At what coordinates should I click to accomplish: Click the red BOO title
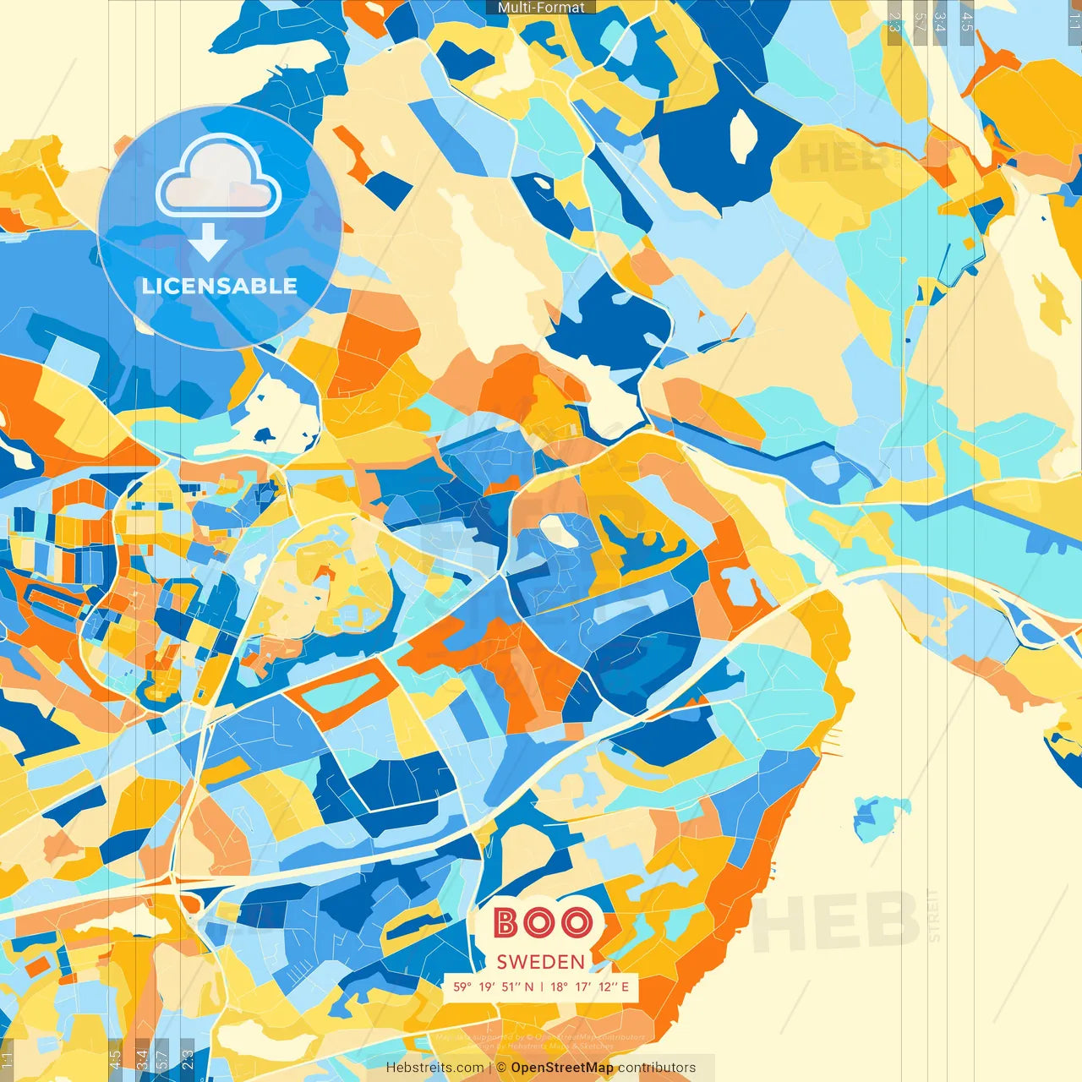click(542, 923)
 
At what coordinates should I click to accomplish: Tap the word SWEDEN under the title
click(541, 962)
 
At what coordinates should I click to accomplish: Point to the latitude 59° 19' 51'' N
click(494, 986)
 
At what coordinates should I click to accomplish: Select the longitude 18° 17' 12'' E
click(591, 986)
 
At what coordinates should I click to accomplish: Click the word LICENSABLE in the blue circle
click(220, 286)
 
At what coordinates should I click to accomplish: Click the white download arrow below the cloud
click(208, 242)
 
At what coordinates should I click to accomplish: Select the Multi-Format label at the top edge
click(541, 8)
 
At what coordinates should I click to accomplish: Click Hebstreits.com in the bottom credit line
click(434, 1068)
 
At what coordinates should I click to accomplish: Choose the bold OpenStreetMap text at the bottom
click(562, 1068)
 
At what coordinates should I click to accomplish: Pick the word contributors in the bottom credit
click(657, 1068)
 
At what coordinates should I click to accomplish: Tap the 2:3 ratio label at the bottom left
click(188, 1058)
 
